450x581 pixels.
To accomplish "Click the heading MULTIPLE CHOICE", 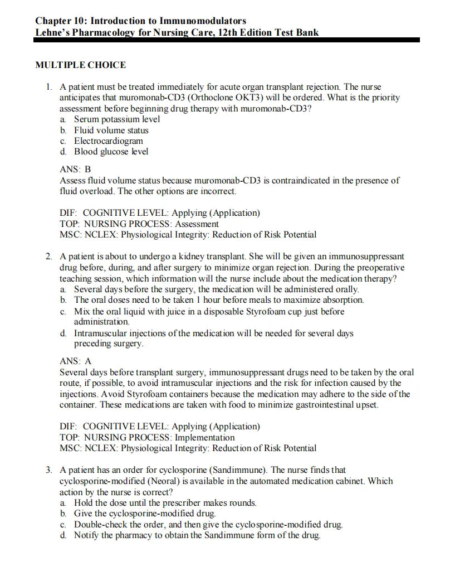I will [x=80, y=65].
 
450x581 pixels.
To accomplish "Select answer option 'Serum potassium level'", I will [x=117, y=119].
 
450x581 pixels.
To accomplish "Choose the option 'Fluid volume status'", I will [x=111, y=130].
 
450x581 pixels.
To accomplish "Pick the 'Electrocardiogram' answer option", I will [x=109, y=141].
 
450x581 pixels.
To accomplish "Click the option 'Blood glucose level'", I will [x=111, y=151].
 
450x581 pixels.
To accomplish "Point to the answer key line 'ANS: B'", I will [x=75, y=169].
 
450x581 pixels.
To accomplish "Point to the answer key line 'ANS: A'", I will [x=75, y=361].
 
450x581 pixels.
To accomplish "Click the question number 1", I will [x=49, y=88].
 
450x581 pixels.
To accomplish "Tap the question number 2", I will [x=49, y=257].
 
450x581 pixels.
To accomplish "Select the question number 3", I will [x=49, y=471].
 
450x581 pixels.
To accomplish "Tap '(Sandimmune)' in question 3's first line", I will [x=236, y=471].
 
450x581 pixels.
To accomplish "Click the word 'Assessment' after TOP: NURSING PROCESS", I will [x=197, y=224].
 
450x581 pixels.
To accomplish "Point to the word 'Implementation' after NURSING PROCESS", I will [x=205, y=438].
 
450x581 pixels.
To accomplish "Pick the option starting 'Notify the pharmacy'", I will [x=197, y=536].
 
